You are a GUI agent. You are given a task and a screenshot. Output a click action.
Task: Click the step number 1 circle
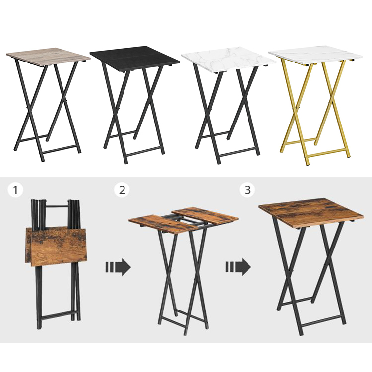pos(15,190)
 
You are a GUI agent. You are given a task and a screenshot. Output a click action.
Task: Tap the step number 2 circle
pos(122,190)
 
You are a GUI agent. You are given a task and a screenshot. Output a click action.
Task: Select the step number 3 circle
pos(248,190)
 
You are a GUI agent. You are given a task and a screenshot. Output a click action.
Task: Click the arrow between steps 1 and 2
pos(118,267)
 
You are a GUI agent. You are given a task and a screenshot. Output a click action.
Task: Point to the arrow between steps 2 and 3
pos(238,267)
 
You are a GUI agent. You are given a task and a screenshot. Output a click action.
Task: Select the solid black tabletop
pos(134,57)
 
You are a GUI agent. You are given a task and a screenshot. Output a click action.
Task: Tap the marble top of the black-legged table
pos(229,60)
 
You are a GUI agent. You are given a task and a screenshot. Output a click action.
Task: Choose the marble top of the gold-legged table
pos(315,57)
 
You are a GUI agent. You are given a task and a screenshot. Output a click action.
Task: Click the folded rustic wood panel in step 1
pos(56,247)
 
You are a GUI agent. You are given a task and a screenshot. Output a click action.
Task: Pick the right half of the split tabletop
pos(205,216)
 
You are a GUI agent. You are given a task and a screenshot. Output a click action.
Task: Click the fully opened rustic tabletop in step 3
pos(311,212)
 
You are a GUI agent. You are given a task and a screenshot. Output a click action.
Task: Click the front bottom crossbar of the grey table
pos(61,149)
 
